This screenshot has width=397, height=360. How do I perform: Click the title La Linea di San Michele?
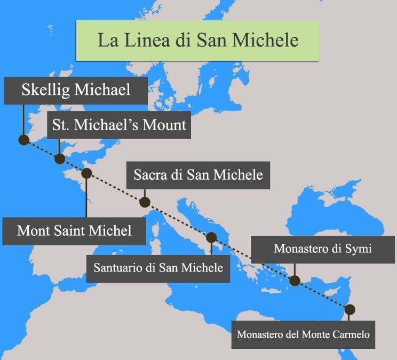(197, 40)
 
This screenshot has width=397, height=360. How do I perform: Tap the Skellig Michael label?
(76, 90)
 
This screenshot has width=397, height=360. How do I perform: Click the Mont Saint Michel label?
(74, 231)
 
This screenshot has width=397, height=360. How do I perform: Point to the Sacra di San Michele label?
(198, 174)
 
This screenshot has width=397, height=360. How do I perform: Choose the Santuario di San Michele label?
(158, 267)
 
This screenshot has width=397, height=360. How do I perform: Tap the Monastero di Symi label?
(322, 249)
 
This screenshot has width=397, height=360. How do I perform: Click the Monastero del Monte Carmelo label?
(303, 335)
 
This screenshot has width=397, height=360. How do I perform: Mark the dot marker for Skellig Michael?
(23, 140)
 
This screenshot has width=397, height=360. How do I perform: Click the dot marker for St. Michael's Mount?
(60, 158)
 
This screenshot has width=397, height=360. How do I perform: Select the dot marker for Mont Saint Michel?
(86, 173)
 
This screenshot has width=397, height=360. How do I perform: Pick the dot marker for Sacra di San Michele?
(144, 202)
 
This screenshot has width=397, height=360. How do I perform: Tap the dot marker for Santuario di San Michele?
(211, 237)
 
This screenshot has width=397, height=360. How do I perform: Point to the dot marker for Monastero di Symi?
(295, 281)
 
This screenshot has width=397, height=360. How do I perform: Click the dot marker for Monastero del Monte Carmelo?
(350, 309)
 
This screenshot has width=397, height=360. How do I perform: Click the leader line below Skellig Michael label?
(23, 120)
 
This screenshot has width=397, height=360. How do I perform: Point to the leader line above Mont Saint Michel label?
(86, 197)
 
